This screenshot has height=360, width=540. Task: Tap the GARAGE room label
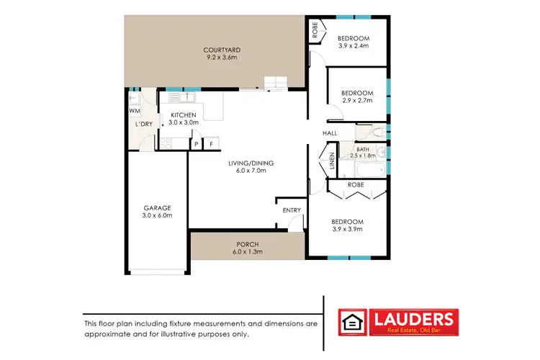tap(156, 207)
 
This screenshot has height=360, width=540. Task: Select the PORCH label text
tap(247, 244)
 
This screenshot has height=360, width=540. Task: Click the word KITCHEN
tap(183, 114)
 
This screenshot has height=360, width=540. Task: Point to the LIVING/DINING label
tap(247, 163)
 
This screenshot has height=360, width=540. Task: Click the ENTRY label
tap(292, 210)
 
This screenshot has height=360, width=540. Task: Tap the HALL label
tap(330, 133)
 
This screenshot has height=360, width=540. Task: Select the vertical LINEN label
tap(332, 160)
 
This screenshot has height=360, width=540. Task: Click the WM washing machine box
tap(134, 112)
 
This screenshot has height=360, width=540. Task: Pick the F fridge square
tap(211, 144)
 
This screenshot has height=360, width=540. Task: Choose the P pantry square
tap(195, 144)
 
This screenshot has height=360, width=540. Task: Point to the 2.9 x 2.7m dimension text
tap(356, 102)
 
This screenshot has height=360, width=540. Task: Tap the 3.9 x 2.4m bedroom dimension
tap(354, 47)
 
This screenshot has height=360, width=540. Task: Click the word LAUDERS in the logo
tap(413, 318)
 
